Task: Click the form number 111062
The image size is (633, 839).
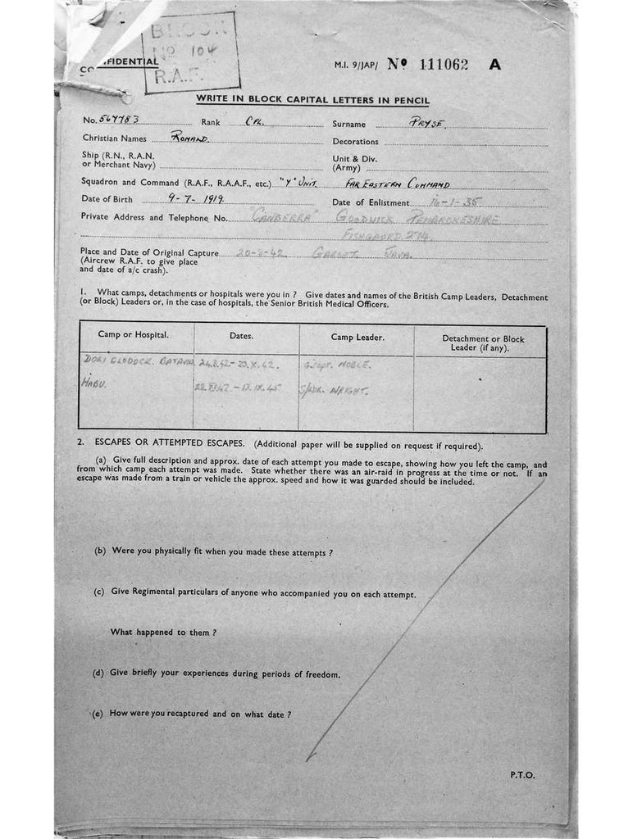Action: pos(443,66)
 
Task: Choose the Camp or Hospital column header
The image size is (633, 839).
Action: pos(134,336)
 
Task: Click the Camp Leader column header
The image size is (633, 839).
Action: pos(357,337)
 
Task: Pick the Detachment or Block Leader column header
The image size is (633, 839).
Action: pos(483,342)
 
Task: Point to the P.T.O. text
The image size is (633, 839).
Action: pos(522,774)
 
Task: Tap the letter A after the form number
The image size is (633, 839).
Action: pos(494,66)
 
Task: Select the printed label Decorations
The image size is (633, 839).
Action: pos(355,142)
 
